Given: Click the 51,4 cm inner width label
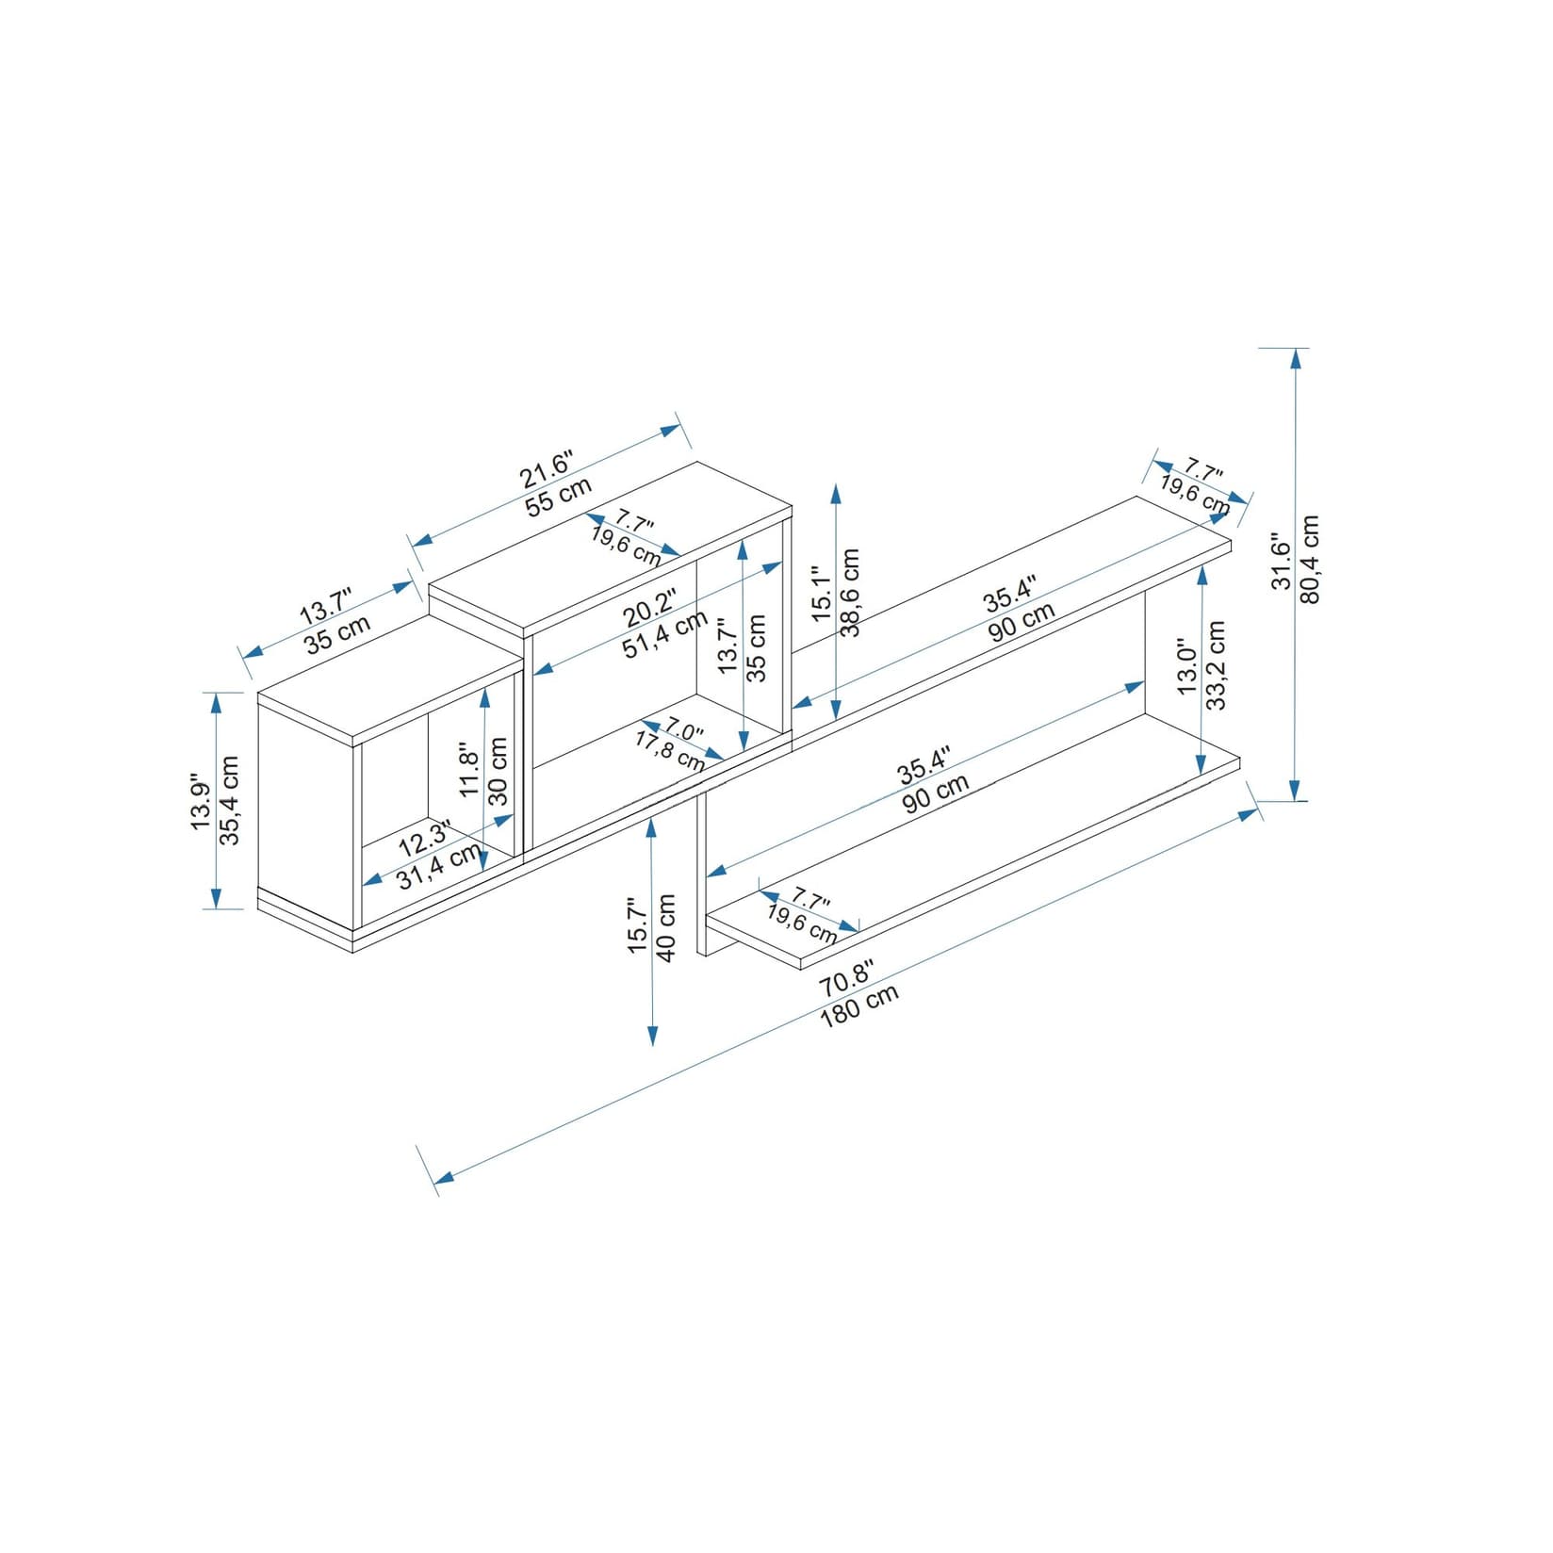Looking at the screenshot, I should point(665,634).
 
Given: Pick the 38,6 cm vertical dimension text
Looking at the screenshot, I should point(851,592).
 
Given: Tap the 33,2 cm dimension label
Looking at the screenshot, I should point(1217,664).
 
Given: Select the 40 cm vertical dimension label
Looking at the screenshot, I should point(667,927).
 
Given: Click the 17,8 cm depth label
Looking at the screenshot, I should point(668,751).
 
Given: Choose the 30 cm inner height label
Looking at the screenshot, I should point(499,770).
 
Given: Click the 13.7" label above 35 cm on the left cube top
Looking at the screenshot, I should point(325,605).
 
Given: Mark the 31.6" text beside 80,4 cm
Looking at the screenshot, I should point(1281,563).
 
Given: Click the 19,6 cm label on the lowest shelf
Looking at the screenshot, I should point(801,923).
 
